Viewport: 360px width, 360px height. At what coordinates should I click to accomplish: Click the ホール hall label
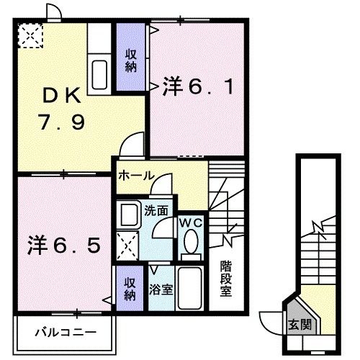(x=135, y=176)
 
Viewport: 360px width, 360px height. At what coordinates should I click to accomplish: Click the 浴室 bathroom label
(x=160, y=290)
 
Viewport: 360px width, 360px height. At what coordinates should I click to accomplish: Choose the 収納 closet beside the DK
(x=130, y=60)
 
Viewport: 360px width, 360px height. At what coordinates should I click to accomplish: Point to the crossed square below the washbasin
(x=129, y=248)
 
